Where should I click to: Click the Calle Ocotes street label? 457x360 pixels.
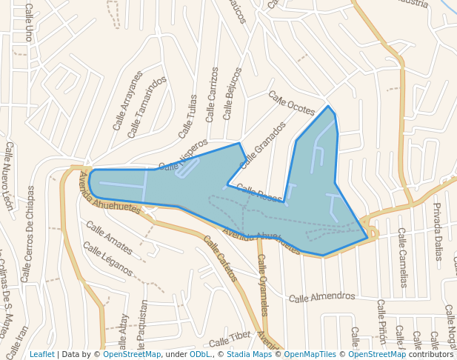click(291, 103)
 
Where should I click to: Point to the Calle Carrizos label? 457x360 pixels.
click(213, 94)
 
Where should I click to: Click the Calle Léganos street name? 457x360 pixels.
click(107, 259)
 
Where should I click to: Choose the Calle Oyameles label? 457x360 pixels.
click(262, 285)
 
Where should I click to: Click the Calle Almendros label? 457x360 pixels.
click(321, 297)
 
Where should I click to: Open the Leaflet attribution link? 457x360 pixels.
click(41, 355)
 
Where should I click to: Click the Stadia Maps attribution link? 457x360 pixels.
click(249, 355)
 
